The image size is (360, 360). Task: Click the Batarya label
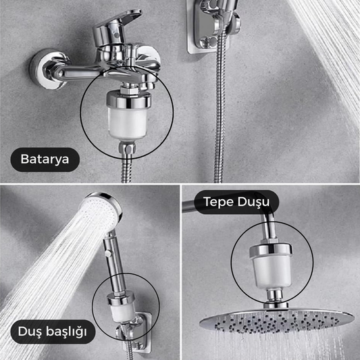(45, 159)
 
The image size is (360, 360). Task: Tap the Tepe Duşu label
(236, 202)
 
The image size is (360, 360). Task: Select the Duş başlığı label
(53, 332)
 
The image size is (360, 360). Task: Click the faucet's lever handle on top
(117, 25)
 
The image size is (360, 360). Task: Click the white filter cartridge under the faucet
(128, 123)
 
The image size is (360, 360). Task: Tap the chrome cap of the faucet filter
(128, 99)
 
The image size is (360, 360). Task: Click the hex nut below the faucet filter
(127, 148)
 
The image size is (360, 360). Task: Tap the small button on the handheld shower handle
(108, 253)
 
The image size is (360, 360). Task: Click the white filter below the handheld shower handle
(122, 311)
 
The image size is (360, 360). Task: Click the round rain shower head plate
(277, 320)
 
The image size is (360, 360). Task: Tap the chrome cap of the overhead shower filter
(271, 251)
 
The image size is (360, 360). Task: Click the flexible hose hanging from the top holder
(220, 108)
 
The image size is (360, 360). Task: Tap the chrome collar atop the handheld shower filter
(120, 298)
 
